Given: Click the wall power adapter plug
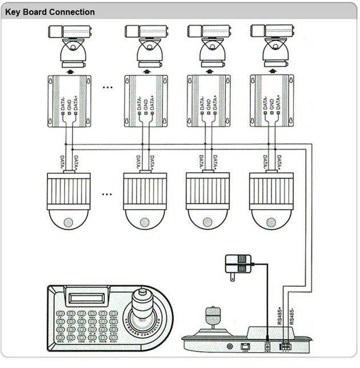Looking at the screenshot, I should (x=239, y=265).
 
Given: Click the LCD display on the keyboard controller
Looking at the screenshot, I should (x=84, y=297).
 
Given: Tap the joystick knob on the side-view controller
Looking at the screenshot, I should (x=211, y=316).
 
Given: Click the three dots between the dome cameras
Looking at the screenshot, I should (x=107, y=194).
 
